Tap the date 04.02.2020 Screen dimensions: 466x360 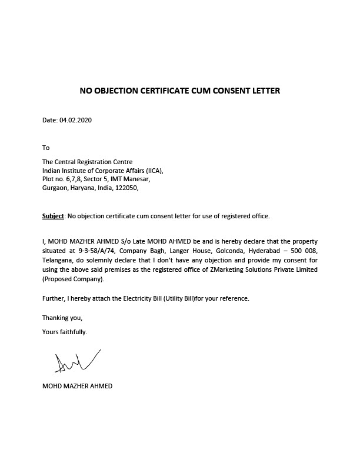pyautogui.click(x=75, y=121)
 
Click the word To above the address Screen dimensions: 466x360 pyautogui.click(x=46, y=148)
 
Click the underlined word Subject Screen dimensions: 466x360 pyautogui.click(x=53, y=216)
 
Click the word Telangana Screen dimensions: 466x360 pyautogui.click(x=58, y=260)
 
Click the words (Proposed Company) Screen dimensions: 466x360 pyautogui.click(x=69, y=279)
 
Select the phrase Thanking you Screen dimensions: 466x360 pyautogui.click(x=62, y=318)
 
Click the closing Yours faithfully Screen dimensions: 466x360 pyautogui.click(x=65, y=332)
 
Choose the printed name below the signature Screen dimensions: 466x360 pyautogui.click(x=77, y=387)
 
